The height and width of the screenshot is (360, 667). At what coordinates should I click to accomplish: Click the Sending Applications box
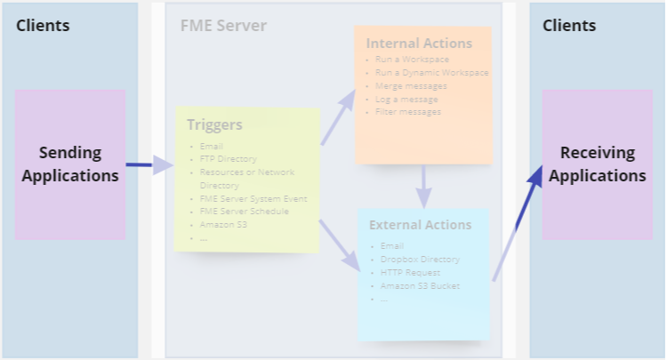tap(70, 164)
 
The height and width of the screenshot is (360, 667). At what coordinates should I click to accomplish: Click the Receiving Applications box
tap(598, 164)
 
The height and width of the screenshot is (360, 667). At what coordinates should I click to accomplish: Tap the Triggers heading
tap(214, 125)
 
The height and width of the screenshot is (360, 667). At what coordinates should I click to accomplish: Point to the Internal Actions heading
tap(419, 43)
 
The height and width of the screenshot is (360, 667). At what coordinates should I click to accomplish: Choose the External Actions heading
tap(421, 225)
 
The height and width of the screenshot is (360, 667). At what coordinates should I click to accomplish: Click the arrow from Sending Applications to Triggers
tap(149, 164)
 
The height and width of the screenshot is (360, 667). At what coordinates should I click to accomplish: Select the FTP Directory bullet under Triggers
tap(229, 159)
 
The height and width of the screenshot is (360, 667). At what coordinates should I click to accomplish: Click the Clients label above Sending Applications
tap(43, 25)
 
